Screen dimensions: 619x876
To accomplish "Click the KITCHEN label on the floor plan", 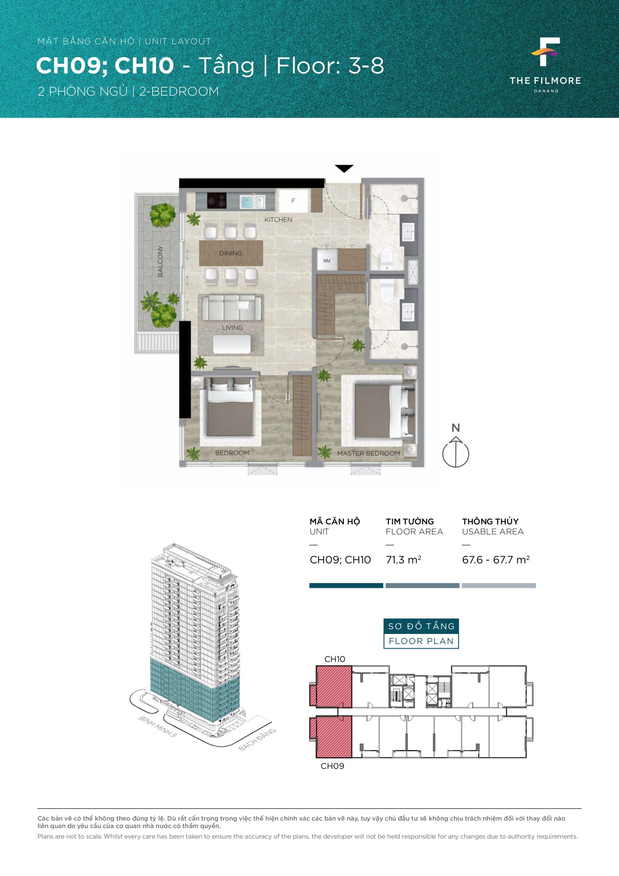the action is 278,219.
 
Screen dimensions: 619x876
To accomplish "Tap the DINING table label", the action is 231,253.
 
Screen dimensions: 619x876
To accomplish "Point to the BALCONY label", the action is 160,261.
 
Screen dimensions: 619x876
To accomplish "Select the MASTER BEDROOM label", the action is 368,453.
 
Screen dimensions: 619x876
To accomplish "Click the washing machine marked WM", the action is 327,261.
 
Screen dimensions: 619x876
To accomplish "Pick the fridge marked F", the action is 293,201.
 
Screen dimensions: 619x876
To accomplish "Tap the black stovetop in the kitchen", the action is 216,201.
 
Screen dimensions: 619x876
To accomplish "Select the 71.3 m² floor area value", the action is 403,560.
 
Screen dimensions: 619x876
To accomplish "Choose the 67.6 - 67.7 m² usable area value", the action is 496,560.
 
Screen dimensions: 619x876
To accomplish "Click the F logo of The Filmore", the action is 546,52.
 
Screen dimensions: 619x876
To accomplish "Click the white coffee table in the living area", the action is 232,344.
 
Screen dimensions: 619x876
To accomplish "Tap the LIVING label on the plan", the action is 232,328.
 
